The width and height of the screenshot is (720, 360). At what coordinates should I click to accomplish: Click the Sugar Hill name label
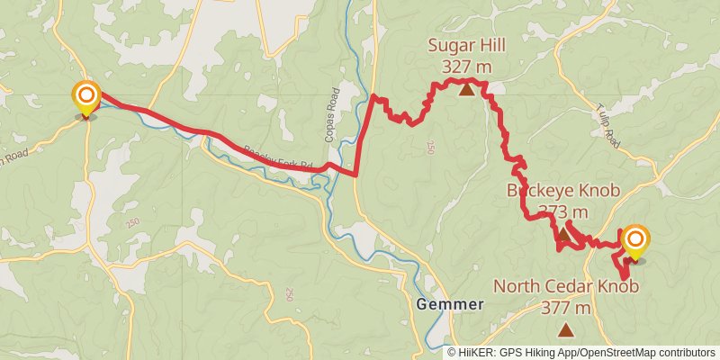pos(466,46)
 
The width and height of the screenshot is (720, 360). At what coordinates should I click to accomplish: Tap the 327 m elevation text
pos(466,66)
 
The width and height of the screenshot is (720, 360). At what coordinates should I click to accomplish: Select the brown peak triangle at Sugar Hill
pos(466,88)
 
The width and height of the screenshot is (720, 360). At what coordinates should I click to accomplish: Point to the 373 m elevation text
pos(562,211)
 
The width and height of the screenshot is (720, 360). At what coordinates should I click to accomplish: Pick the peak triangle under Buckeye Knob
pos(563,235)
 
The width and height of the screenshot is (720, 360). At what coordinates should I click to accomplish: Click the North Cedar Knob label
pos(566,287)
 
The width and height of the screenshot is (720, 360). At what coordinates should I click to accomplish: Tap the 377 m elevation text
pos(566,308)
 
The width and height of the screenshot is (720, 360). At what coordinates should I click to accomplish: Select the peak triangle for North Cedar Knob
pos(566,330)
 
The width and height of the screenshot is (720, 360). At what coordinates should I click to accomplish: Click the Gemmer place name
pos(450,304)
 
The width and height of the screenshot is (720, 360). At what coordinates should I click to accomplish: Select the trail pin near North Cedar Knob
pos(635,241)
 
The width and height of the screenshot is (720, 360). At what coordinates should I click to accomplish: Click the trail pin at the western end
pos(85,98)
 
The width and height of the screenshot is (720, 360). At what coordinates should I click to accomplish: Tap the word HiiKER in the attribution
pos(476,352)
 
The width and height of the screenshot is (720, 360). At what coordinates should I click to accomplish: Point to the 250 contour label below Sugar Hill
pos(430,146)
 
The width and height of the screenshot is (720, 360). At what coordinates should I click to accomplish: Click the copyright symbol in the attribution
pos(452,352)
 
